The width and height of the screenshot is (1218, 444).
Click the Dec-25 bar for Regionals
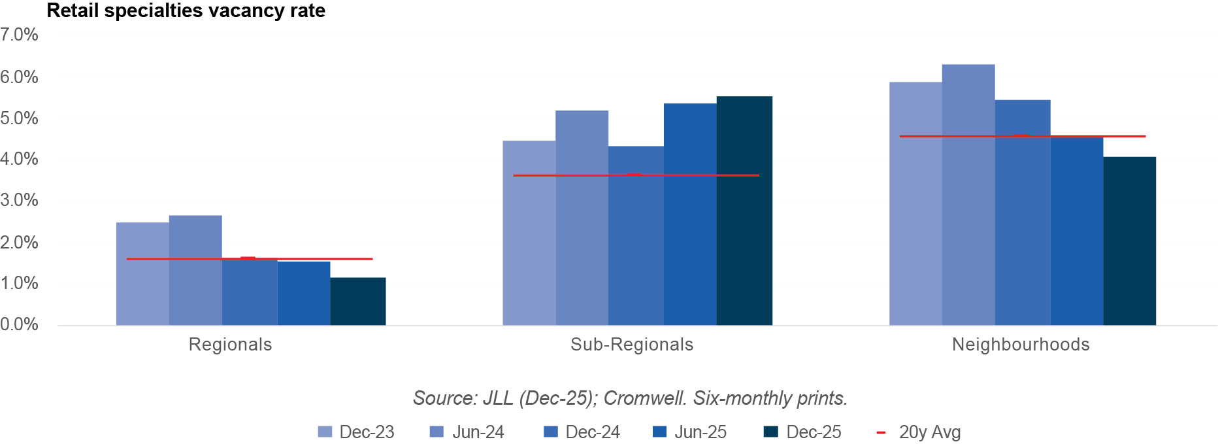pyautogui.click(x=357, y=301)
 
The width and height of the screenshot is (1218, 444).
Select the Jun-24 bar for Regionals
pyautogui.click(x=195, y=270)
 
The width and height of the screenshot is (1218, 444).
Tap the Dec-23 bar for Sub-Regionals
pyautogui.click(x=529, y=233)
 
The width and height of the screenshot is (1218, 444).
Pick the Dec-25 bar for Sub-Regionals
pyautogui.click(x=744, y=211)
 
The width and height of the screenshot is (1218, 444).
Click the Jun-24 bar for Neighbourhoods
pyautogui.click(x=968, y=194)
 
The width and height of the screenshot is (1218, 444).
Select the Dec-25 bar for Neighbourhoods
pyautogui.click(x=1130, y=241)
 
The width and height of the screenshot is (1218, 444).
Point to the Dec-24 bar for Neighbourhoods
pyautogui.click(x=1023, y=212)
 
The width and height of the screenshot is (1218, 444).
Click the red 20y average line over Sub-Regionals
pyautogui.click(x=636, y=175)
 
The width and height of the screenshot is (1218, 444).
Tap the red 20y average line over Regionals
pyautogui.click(x=249, y=259)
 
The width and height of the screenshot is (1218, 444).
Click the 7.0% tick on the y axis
pyautogui.click(x=19, y=35)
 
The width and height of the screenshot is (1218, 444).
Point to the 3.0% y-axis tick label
pyautogui.click(x=19, y=201)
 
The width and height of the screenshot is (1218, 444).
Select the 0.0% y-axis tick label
pyautogui.click(x=19, y=325)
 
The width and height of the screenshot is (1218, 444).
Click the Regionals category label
pyautogui.click(x=230, y=345)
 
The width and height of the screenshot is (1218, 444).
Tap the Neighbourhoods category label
pyautogui.click(x=1021, y=345)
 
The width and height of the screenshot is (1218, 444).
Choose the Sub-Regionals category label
pyautogui.click(x=632, y=345)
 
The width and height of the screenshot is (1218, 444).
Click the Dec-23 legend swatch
pyautogui.click(x=325, y=432)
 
